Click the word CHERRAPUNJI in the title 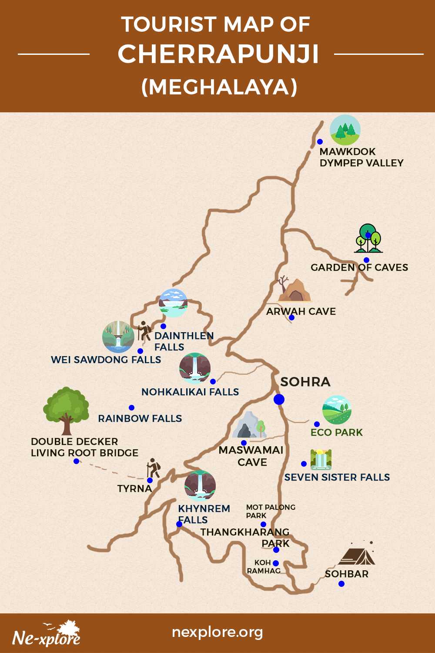pos(218,54)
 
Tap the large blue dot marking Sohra pos(279,399)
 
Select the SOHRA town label pos(305,382)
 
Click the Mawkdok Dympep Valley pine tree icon pos(345,130)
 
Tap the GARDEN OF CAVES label pos(359,267)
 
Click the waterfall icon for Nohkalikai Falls pos(195,368)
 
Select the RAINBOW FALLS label pos(140,418)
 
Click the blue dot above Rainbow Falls pos(131,407)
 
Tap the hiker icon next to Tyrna pos(153,468)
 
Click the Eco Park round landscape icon pos(337,410)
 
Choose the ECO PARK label pos(337,432)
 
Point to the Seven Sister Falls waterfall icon pos(321,460)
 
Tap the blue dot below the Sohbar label pos(341,584)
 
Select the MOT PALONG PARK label pos(270,512)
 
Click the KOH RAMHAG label pos(264,567)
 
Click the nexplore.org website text pos(217,632)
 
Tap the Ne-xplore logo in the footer pos(47,634)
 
